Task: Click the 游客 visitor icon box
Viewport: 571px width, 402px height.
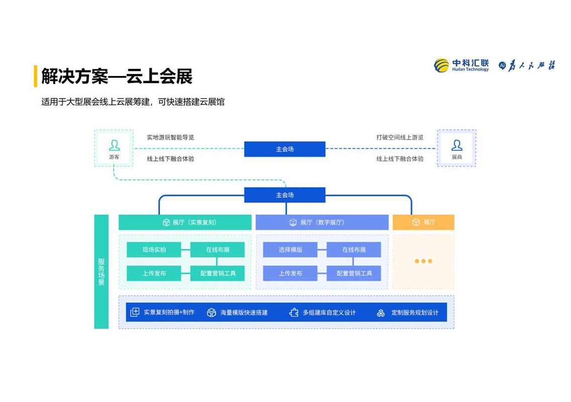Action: click(x=114, y=148)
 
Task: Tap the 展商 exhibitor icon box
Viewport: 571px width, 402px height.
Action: click(x=456, y=148)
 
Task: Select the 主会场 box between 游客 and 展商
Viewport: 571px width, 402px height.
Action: click(x=284, y=149)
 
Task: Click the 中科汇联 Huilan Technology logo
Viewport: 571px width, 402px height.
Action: click(x=461, y=65)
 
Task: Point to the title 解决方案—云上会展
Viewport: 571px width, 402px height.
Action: click(x=117, y=77)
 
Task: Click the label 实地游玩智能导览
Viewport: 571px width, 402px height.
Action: click(x=170, y=137)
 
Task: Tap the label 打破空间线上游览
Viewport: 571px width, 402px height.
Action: click(x=400, y=137)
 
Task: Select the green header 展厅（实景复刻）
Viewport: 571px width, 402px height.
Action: click(x=185, y=222)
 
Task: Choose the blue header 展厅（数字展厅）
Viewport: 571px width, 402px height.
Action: click(x=322, y=222)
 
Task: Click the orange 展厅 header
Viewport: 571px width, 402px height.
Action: click(x=423, y=222)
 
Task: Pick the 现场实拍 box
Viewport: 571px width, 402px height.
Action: click(x=154, y=250)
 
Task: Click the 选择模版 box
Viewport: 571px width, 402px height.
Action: click(x=290, y=250)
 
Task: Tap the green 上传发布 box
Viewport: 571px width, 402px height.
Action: click(x=154, y=273)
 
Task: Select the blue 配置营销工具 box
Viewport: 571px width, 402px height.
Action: click(x=354, y=273)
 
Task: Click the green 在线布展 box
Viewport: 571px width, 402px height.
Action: click(x=218, y=250)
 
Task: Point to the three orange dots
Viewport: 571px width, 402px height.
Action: click(x=423, y=261)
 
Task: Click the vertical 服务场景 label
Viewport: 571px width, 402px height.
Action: click(x=102, y=272)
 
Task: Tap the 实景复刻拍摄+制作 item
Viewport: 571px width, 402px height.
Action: click(x=162, y=313)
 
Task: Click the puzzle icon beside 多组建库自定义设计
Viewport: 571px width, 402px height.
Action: click(x=294, y=313)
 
